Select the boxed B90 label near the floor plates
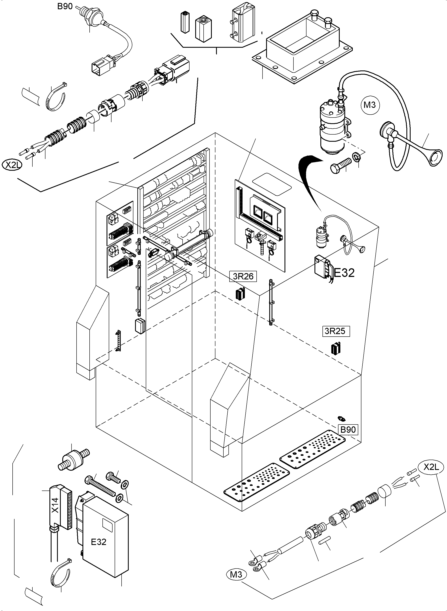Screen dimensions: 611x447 (348, 429)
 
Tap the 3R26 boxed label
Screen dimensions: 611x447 (243, 276)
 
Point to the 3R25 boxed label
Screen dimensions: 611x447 (336, 331)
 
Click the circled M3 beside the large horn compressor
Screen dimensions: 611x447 (370, 105)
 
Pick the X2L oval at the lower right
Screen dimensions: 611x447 (431, 467)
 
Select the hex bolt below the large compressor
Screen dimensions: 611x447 (340, 165)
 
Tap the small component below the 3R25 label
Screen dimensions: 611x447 (336, 349)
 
